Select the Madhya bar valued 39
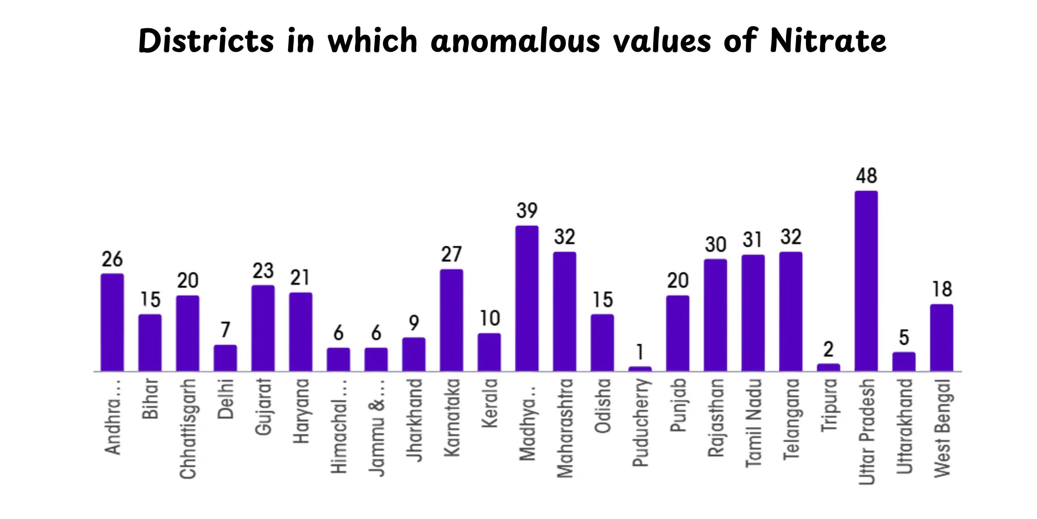tap(527, 299)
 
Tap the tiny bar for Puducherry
tap(640, 369)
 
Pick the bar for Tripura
tap(828, 367)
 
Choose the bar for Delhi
tap(225, 358)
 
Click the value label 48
tap(866, 176)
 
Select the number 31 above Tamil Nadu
tap(752, 240)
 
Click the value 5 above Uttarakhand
tap(904, 338)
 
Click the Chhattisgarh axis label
tap(187, 429)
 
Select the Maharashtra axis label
tap(565, 428)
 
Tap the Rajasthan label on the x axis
tap(716, 418)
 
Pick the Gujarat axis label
tap(263, 407)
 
